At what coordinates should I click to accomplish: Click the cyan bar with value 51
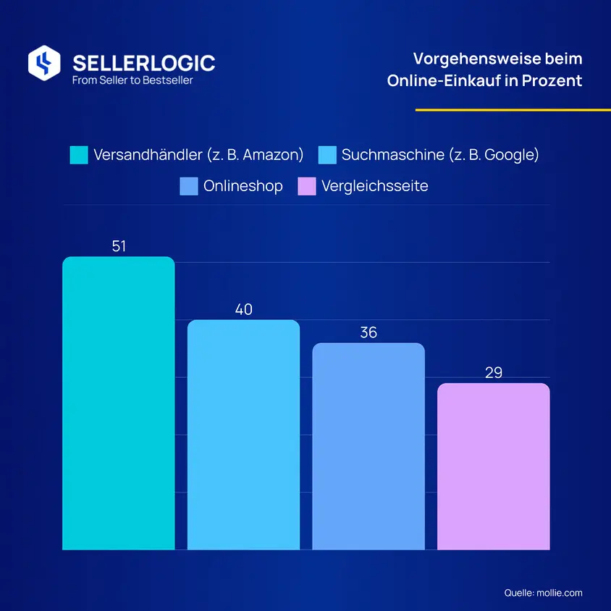119,403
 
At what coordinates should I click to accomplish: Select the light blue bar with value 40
243,434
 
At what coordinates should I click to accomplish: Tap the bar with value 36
368,446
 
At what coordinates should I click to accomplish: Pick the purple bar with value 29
493,466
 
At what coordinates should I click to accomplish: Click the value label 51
119,246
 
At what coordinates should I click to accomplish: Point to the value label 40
243,309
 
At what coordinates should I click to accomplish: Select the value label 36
368,332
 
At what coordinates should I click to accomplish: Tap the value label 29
494,373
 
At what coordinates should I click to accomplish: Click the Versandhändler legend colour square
79,155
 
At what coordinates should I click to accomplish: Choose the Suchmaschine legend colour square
327,155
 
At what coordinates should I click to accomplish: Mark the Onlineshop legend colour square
189,186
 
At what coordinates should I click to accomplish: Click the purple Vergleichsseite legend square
307,186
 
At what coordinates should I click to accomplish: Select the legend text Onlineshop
243,186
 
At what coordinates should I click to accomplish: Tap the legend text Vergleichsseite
375,186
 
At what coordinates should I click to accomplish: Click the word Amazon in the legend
271,155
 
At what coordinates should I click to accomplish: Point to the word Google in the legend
510,155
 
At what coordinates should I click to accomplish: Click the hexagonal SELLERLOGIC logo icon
44,63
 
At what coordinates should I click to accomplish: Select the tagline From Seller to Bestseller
132,80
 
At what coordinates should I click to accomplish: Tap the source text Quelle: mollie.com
543,593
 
